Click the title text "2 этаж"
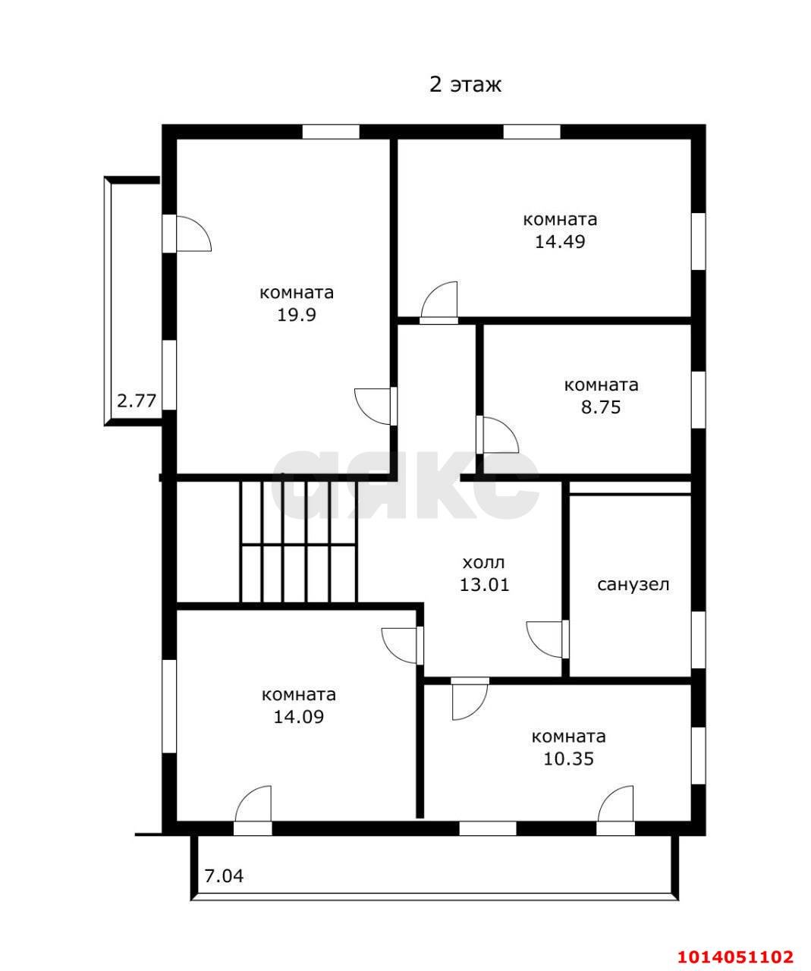click(464, 85)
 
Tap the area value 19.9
click(296, 315)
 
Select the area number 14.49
click(559, 241)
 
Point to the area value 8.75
click(601, 407)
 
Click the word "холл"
click(483, 563)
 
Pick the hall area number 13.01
click(484, 585)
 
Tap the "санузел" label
click(633, 585)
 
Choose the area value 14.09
click(298, 717)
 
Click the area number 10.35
click(568, 759)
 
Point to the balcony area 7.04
click(224, 877)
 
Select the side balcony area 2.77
click(137, 401)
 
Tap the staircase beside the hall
click(299, 542)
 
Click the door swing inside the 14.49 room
click(439, 300)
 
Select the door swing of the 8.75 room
click(501, 435)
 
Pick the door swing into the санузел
click(545, 639)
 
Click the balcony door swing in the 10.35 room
click(615, 804)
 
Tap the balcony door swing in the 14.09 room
click(253, 804)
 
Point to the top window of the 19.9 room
click(331, 131)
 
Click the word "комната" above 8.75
click(601, 385)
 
